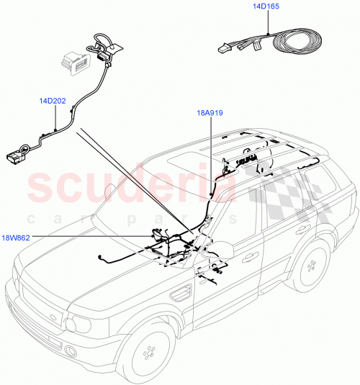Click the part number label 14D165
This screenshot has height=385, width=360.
point(267,6)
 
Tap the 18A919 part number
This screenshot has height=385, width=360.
point(211,113)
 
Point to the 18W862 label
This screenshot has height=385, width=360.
point(17,236)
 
